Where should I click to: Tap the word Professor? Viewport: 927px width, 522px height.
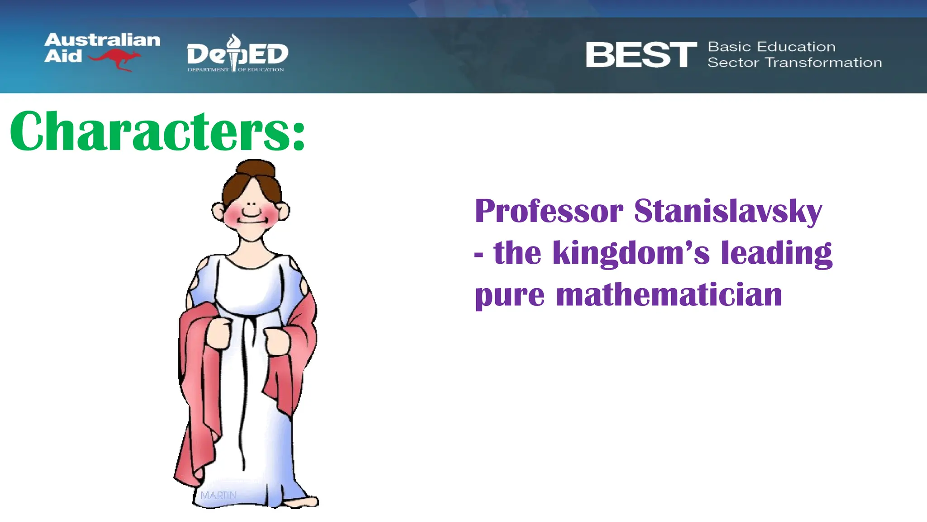point(549,211)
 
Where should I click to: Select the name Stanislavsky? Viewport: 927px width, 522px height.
point(728,211)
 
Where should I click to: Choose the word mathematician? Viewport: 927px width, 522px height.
point(669,295)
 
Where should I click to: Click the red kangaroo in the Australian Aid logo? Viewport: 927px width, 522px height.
point(115,59)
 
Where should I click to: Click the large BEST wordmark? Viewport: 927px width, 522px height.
point(641,55)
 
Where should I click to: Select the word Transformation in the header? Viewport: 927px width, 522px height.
point(823,63)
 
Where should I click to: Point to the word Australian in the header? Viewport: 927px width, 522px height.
point(102,40)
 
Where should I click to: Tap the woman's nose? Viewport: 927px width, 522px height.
point(252,204)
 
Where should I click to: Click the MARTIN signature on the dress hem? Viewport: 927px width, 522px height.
point(218,495)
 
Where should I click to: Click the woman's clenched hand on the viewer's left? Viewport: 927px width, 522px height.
point(220,333)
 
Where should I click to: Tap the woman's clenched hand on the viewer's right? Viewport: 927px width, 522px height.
point(277,341)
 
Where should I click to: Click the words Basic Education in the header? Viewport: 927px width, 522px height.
point(771,47)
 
